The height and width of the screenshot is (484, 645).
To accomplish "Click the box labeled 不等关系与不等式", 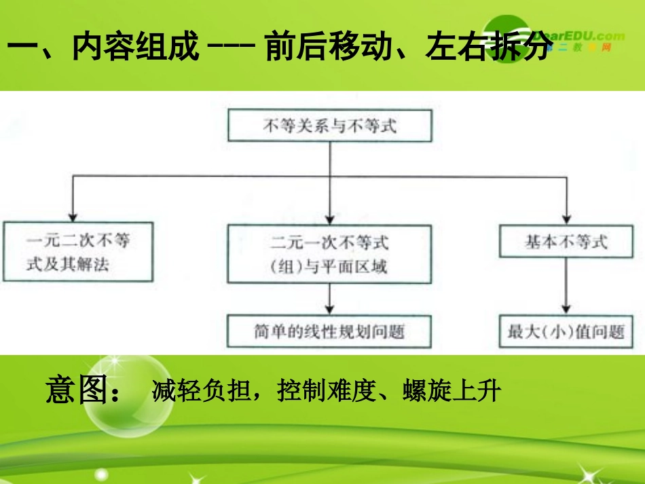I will (329, 126).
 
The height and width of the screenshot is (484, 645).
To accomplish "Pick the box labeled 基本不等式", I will (566, 241).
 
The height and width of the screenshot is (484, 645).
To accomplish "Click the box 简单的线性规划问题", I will (329, 331).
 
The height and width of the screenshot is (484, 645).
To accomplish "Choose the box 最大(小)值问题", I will (566, 331).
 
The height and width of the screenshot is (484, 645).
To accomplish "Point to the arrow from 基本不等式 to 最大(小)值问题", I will (566, 285).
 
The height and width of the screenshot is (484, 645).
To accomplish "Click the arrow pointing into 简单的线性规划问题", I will (329, 299).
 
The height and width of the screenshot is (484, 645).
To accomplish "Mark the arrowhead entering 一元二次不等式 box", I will (72, 215).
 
